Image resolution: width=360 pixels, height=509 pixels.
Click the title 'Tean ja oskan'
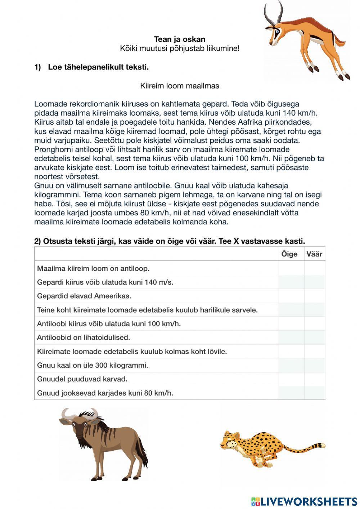tap(180, 39)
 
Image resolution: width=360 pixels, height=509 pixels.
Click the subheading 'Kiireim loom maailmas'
tap(179, 86)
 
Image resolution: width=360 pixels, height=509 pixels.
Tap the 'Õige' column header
tap(289, 254)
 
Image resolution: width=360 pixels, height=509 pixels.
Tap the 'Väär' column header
tap(314, 254)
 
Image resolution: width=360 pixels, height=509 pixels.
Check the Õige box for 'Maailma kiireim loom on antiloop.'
tap(291, 268)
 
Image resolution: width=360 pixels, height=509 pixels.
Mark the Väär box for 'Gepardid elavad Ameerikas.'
tap(315, 296)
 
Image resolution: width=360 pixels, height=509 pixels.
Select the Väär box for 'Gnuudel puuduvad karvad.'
tap(315, 379)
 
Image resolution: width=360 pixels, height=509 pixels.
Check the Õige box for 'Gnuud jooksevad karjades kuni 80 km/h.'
tap(291, 393)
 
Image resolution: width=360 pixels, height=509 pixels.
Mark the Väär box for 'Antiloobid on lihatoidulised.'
tap(315, 338)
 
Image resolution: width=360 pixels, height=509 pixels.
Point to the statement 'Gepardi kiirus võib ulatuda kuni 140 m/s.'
tap(105, 282)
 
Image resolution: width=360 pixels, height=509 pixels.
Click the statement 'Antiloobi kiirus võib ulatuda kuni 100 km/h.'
tap(109, 324)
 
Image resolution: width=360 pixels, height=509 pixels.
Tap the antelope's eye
tap(276, 31)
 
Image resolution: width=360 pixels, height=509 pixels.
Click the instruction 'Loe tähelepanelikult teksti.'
tap(98, 67)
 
